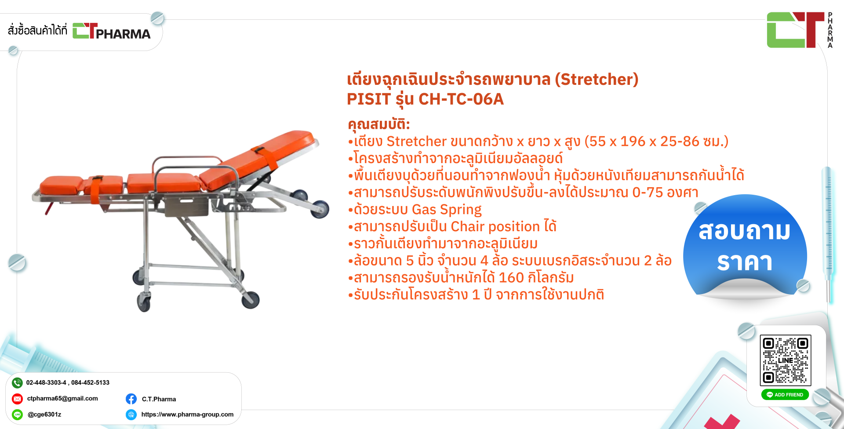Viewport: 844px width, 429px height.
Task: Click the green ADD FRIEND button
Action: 785,395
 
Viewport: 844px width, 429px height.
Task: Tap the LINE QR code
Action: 786,360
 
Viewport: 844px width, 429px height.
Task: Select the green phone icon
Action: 17,383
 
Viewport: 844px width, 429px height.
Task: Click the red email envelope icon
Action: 17,399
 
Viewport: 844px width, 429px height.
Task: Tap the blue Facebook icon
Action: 131,399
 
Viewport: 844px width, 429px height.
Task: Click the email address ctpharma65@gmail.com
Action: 62,398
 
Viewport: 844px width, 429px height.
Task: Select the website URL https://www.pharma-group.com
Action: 187,414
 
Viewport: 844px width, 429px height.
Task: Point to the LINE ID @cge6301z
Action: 44,414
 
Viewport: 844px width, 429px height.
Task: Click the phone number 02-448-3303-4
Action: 46,382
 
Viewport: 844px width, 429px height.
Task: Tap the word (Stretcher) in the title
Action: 597,79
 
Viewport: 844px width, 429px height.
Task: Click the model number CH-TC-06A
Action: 461,99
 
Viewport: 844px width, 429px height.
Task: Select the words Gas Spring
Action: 447,210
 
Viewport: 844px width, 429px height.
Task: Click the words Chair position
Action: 495,226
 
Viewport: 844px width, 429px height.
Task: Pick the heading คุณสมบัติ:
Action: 378,124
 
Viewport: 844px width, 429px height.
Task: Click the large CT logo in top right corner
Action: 796,30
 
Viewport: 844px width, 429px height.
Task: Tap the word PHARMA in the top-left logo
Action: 123,34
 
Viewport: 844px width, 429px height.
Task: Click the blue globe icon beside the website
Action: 131,414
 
